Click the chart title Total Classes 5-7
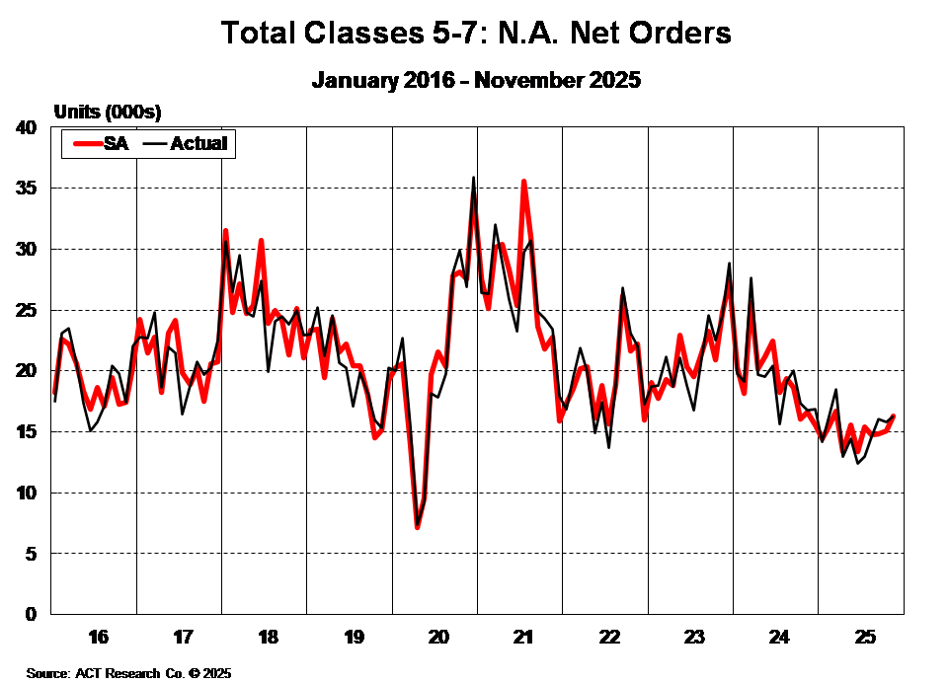[476, 33]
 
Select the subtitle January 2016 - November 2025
[476, 80]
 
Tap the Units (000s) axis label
[108, 111]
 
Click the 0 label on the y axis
[31, 614]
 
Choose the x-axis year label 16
[97, 635]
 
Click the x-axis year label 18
[267, 635]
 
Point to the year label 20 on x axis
[437, 635]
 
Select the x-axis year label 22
[608, 635]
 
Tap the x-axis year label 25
[862, 635]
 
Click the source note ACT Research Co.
[128, 673]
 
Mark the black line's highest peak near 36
[473, 179]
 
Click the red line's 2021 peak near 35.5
[524, 182]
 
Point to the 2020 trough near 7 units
[418, 526]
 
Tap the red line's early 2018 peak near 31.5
[225, 231]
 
